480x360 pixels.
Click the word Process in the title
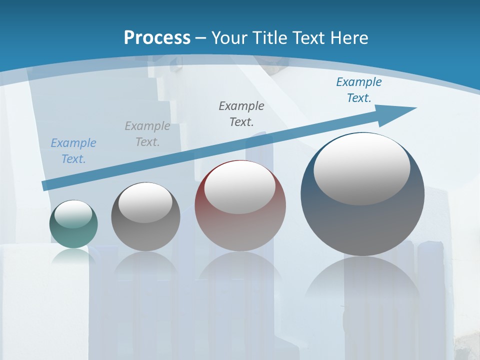pyautogui.click(x=157, y=38)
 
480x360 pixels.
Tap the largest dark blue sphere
pyautogui.click(x=362, y=220)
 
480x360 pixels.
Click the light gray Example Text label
pyautogui.click(x=147, y=134)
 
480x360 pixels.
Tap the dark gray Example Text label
pyautogui.click(x=241, y=113)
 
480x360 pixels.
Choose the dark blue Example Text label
pyautogui.click(x=359, y=90)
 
